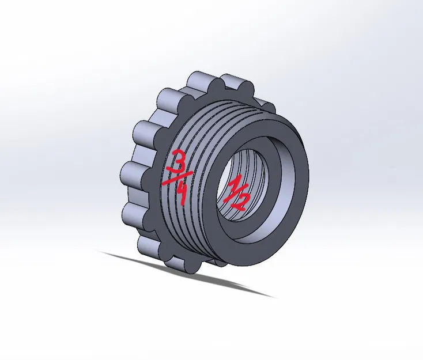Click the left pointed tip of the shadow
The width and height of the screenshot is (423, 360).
pyautogui.click(x=101, y=252)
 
